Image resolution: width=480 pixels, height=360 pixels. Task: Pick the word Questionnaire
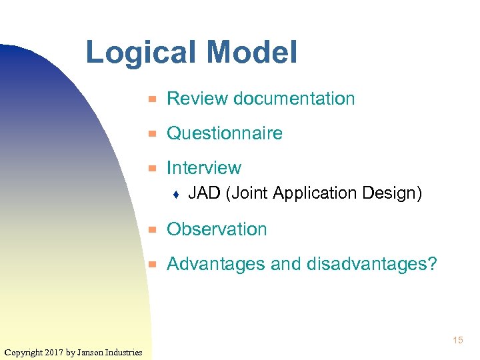click(225, 133)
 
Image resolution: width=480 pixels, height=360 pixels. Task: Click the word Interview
click(204, 168)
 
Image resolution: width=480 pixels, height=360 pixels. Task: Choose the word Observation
click(217, 229)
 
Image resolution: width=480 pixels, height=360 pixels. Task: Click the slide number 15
click(457, 340)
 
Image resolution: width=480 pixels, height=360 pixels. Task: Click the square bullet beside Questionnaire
click(152, 134)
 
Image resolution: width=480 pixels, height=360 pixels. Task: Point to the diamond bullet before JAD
click(175, 195)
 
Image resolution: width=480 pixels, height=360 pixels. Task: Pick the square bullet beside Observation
click(152, 230)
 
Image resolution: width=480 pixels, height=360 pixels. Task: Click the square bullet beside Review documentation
click(152, 99)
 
